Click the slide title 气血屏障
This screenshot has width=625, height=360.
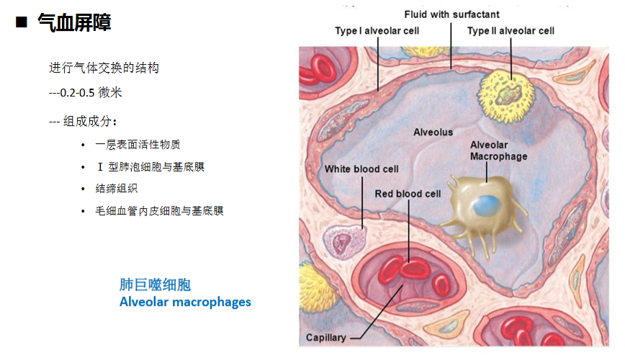74,22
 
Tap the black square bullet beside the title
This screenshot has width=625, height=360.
21,22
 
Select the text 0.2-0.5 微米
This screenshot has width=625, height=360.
91,92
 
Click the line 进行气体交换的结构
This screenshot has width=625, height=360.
104,68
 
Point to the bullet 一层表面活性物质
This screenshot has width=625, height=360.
138,144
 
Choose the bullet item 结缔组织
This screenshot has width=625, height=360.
117,188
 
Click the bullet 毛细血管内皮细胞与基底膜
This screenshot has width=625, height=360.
159,210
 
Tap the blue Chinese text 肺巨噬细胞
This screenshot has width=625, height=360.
155,284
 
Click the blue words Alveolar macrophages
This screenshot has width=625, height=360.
185,302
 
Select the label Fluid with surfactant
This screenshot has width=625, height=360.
451,14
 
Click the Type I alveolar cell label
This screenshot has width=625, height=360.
377,31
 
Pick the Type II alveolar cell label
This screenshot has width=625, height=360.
511,31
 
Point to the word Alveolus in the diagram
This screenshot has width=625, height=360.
433,132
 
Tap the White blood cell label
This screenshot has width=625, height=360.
361,169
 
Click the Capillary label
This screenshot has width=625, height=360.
326,338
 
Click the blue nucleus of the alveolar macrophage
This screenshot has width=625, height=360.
487,206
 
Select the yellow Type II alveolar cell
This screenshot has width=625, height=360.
505,96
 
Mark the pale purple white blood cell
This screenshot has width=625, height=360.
343,242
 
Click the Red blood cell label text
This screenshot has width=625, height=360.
408,194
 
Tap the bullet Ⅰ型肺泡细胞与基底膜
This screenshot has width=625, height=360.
150,166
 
